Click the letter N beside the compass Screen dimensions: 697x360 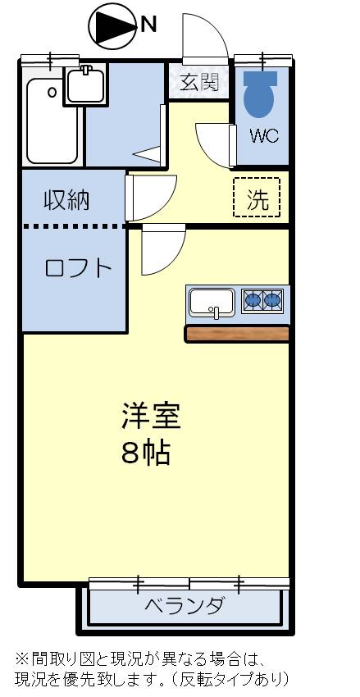point(148,25)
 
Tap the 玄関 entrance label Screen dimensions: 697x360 point(199,82)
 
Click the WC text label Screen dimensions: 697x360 point(264,136)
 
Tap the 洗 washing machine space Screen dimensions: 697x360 point(257,198)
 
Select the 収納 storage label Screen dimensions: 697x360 point(66,199)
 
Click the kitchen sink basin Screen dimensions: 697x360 point(212,303)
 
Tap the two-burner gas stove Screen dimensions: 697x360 point(262,302)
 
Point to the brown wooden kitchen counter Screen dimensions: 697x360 point(238,333)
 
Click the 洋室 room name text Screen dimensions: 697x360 point(151,416)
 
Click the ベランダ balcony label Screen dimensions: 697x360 point(185,607)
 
